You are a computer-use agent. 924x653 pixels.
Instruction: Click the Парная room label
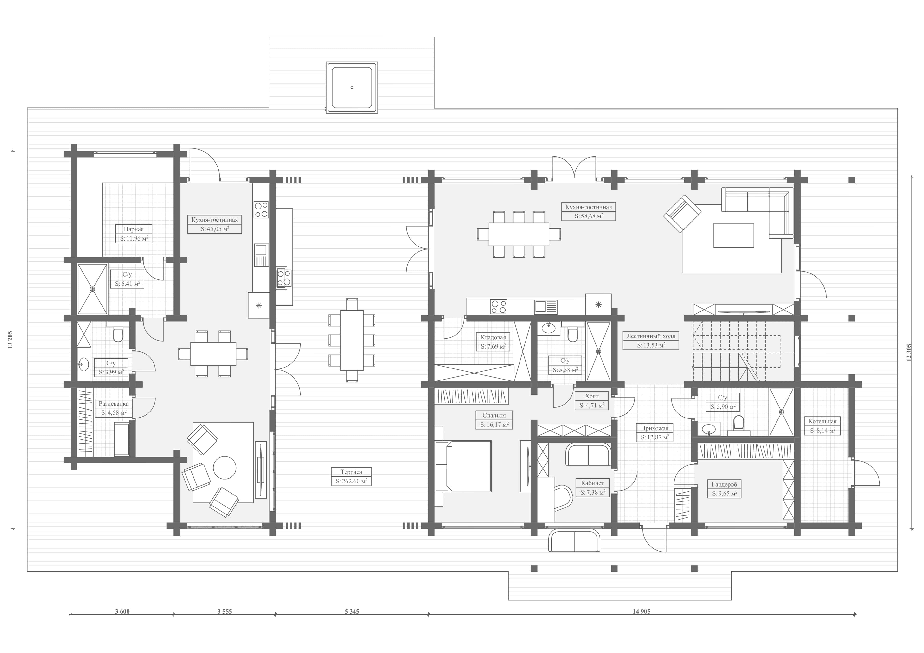[134, 229]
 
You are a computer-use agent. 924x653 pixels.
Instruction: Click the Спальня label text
[494, 415]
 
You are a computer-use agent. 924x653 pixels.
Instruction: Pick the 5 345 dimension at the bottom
[352, 612]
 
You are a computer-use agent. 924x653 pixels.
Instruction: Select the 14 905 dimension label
[642, 612]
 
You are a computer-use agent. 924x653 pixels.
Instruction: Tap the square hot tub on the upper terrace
[352, 87]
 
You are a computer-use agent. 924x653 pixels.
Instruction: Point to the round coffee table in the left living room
[225, 468]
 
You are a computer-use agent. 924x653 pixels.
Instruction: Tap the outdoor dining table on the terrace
[352, 340]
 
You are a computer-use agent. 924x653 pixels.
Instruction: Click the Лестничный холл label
[651, 336]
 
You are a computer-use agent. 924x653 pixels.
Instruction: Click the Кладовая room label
[493, 337]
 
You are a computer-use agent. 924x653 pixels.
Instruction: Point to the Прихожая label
[655, 428]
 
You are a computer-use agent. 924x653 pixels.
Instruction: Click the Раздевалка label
[114, 404]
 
